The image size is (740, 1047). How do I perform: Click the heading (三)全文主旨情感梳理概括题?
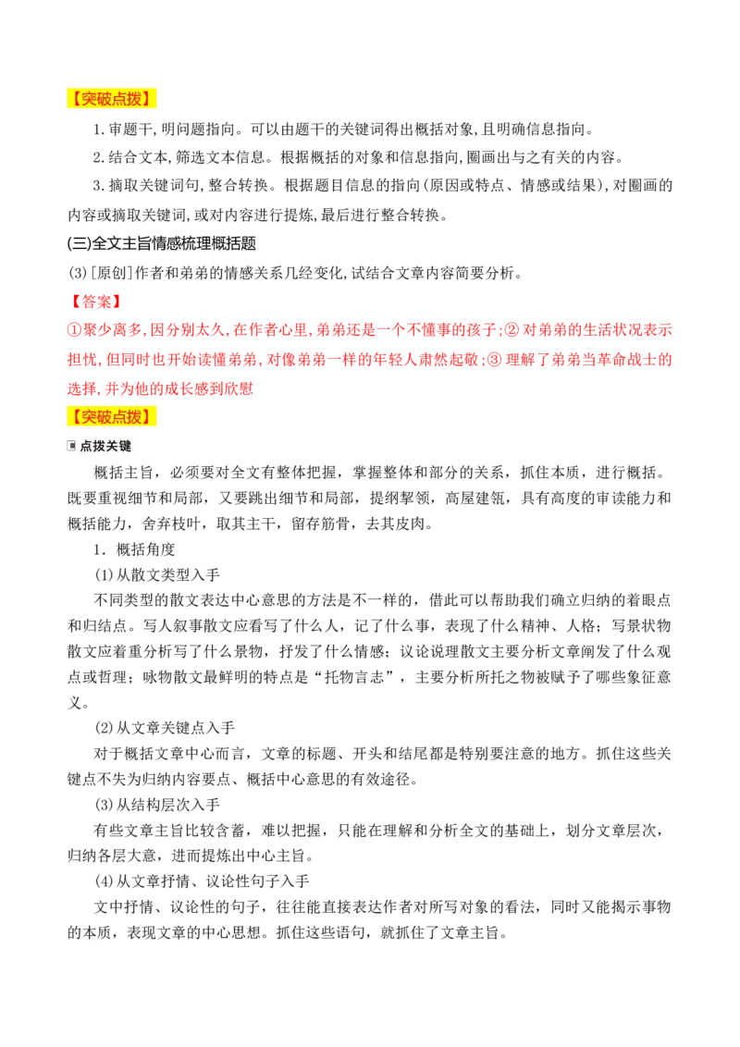click(162, 244)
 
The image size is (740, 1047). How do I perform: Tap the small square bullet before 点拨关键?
click(71, 446)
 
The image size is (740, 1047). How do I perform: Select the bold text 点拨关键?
click(105, 446)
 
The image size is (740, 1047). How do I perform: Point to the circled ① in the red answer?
click(75, 330)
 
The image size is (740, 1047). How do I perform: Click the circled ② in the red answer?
click(512, 330)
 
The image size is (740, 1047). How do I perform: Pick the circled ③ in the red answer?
click(495, 360)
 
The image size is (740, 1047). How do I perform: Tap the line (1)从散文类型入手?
click(157, 575)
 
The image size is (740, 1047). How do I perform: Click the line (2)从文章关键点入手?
click(165, 728)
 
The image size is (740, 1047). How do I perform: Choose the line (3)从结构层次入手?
click(157, 805)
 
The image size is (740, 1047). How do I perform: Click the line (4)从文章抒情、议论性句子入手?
click(202, 881)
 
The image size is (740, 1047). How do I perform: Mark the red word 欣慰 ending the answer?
click(239, 389)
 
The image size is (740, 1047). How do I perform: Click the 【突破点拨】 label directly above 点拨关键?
click(111, 417)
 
